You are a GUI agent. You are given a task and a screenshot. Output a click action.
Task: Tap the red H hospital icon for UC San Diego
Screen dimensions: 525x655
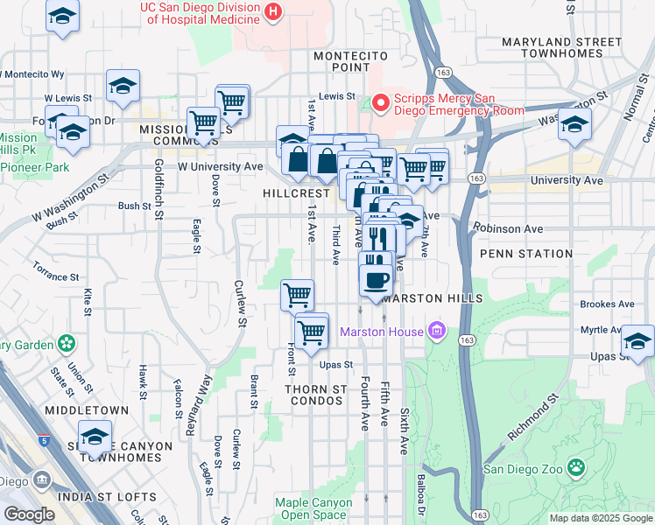tap(274, 11)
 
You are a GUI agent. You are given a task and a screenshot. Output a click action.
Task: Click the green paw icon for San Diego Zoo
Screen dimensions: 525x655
tap(575, 466)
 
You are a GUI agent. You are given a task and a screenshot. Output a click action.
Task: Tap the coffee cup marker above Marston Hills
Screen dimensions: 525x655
tap(377, 279)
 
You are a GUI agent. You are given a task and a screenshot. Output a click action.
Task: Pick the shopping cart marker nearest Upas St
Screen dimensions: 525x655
tap(311, 332)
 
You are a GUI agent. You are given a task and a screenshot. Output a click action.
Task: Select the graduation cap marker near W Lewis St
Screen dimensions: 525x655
tap(123, 86)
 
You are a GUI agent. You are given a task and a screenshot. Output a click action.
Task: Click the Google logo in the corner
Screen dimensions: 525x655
tap(30, 514)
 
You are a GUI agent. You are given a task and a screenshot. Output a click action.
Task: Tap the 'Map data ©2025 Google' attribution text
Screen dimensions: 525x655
tap(601, 518)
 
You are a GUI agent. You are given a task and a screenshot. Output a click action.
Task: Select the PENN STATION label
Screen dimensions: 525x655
tap(525, 254)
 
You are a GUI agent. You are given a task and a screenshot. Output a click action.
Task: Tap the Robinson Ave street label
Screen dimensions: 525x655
tap(507, 229)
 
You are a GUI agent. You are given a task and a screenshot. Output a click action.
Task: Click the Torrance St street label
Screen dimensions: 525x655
tap(56, 270)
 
